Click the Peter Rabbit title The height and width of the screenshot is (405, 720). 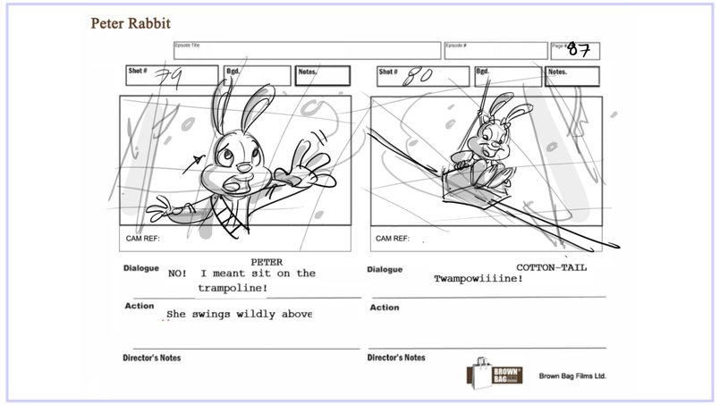[131, 21]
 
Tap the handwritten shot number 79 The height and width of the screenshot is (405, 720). [167, 79]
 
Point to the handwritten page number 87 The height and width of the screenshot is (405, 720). [578, 51]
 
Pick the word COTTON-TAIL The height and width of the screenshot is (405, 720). [552, 266]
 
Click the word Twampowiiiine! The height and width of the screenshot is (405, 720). [479, 279]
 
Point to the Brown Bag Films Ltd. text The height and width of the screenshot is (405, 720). [572, 376]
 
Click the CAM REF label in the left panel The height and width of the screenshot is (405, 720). [142, 239]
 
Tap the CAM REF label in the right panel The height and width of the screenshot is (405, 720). [393, 239]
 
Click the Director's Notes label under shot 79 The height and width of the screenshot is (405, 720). [151, 358]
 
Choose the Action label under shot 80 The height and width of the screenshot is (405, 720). [384, 308]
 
